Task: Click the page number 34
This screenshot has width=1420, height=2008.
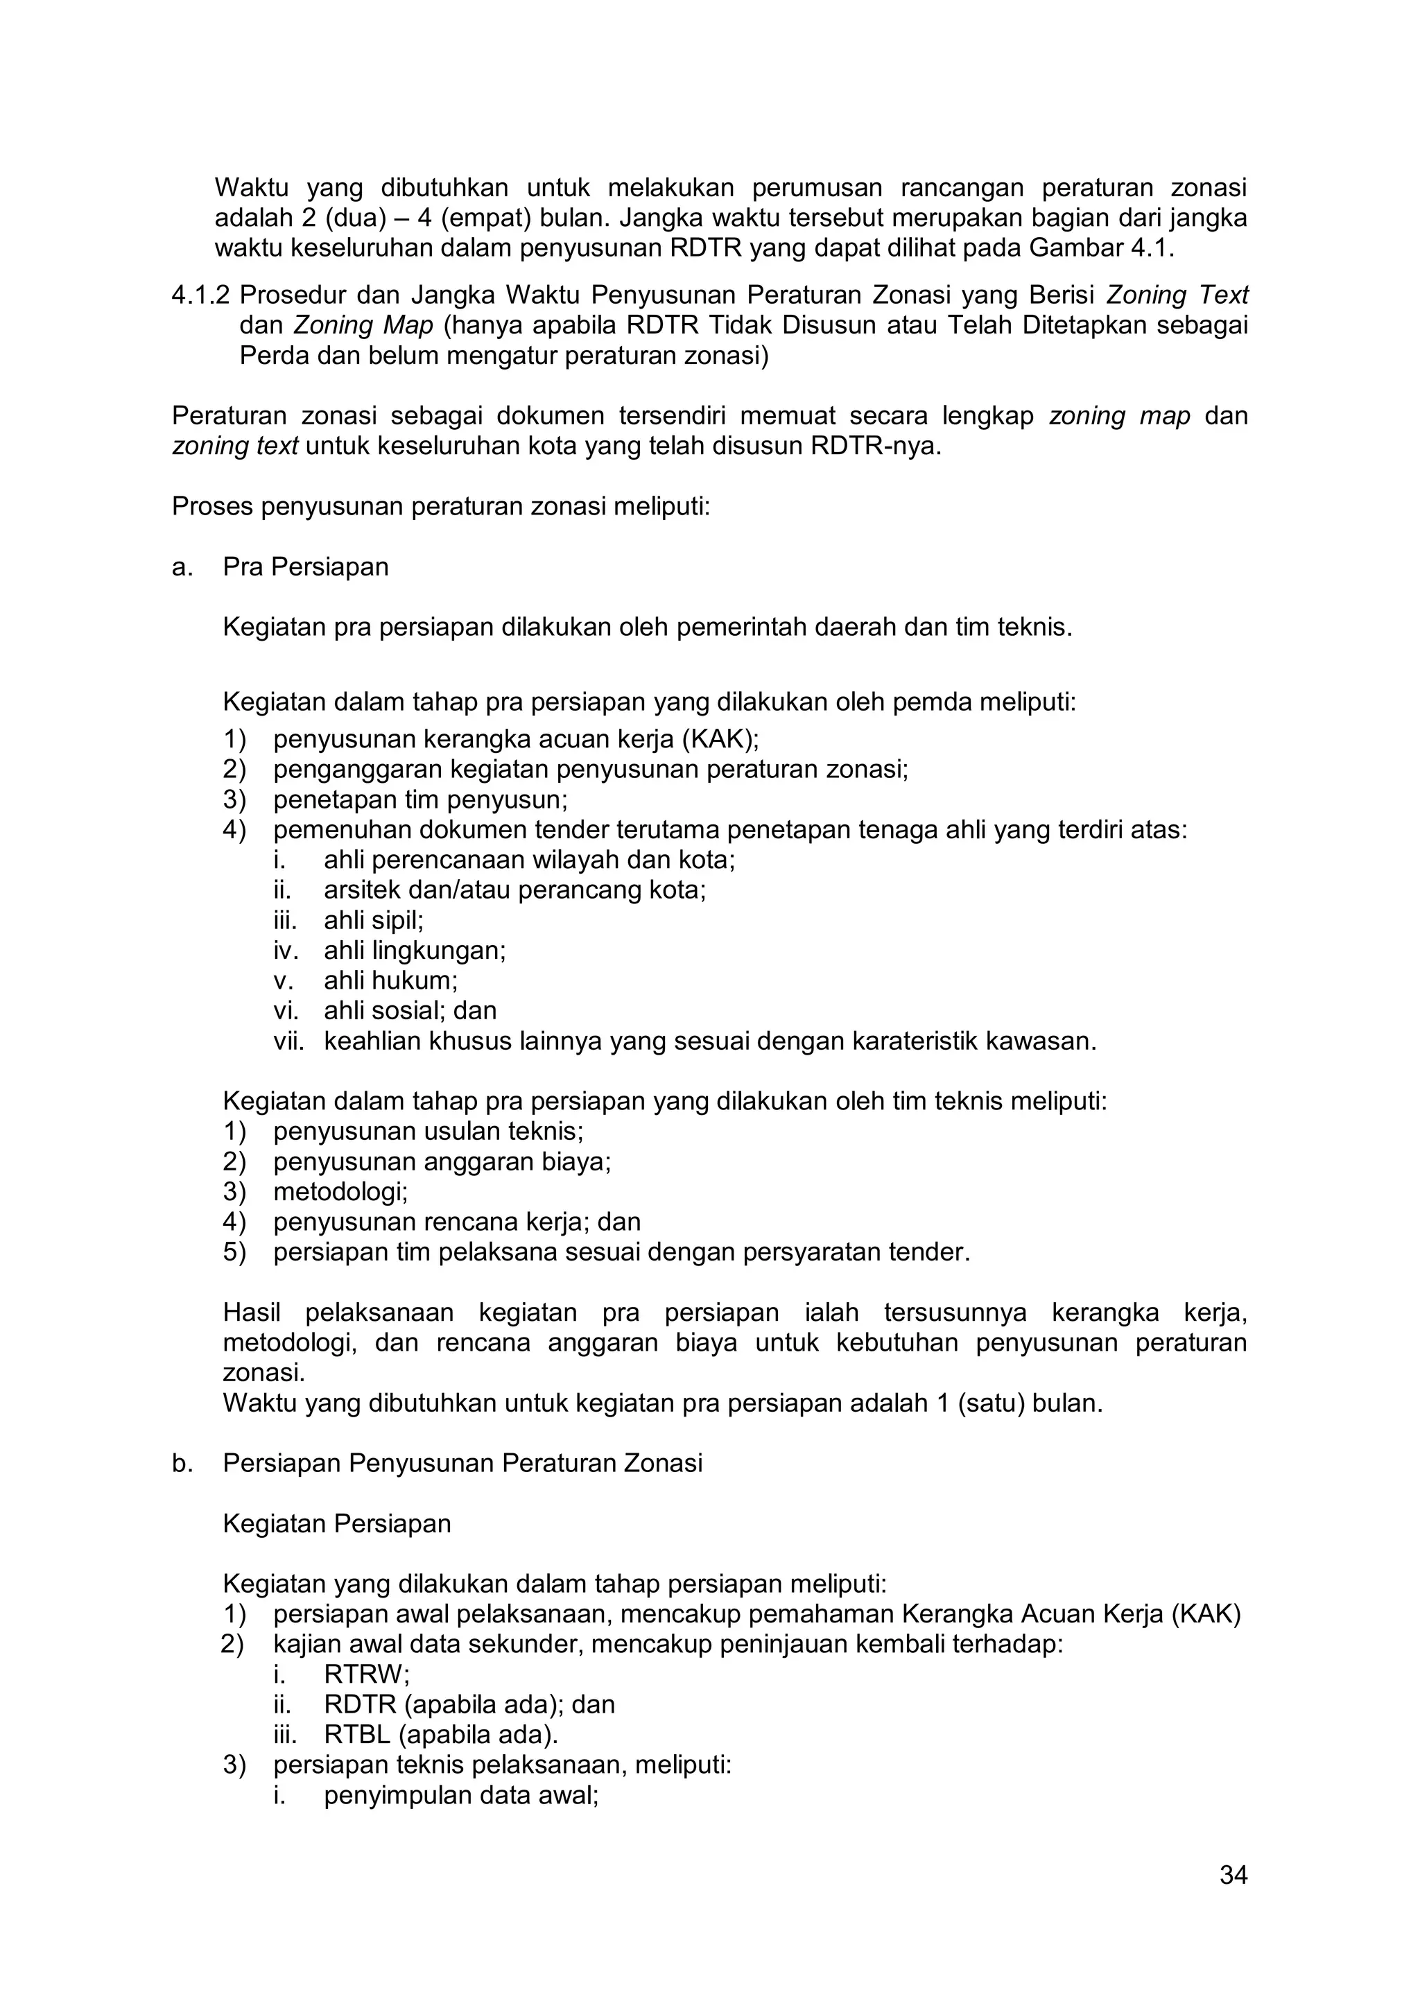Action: pyautogui.click(x=1233, y=1875)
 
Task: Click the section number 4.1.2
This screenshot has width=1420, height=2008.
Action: pyautogui.click(x=200, y=295)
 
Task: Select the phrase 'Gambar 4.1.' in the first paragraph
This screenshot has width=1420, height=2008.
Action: pyautogui.click(x=1101, y=248)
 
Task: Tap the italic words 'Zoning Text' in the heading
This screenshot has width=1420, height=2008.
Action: pyautogui.click(x=1177, y=295)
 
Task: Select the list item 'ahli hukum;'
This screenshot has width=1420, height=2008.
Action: pyautogui.click(x=391, y=980)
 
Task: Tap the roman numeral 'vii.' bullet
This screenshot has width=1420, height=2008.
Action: pyautogui.click(x=288, y=1041)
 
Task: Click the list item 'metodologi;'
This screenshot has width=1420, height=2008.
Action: pyautogui.click(x=340, y=1191)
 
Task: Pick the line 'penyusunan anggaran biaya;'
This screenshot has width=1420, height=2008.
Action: pyautogui.click(x=442, y=1161)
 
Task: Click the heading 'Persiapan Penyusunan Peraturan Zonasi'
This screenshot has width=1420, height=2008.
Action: pyautogui.click(x=462, y=1463)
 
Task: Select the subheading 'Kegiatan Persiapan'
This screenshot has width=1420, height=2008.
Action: pyautogui.click(x=337, y=1523)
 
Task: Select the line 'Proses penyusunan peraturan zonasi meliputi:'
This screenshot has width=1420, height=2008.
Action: pyautogui.click(x=441, y=506)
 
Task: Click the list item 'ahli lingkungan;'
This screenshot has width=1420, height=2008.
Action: pyautogui.click(x=415, y=951)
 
